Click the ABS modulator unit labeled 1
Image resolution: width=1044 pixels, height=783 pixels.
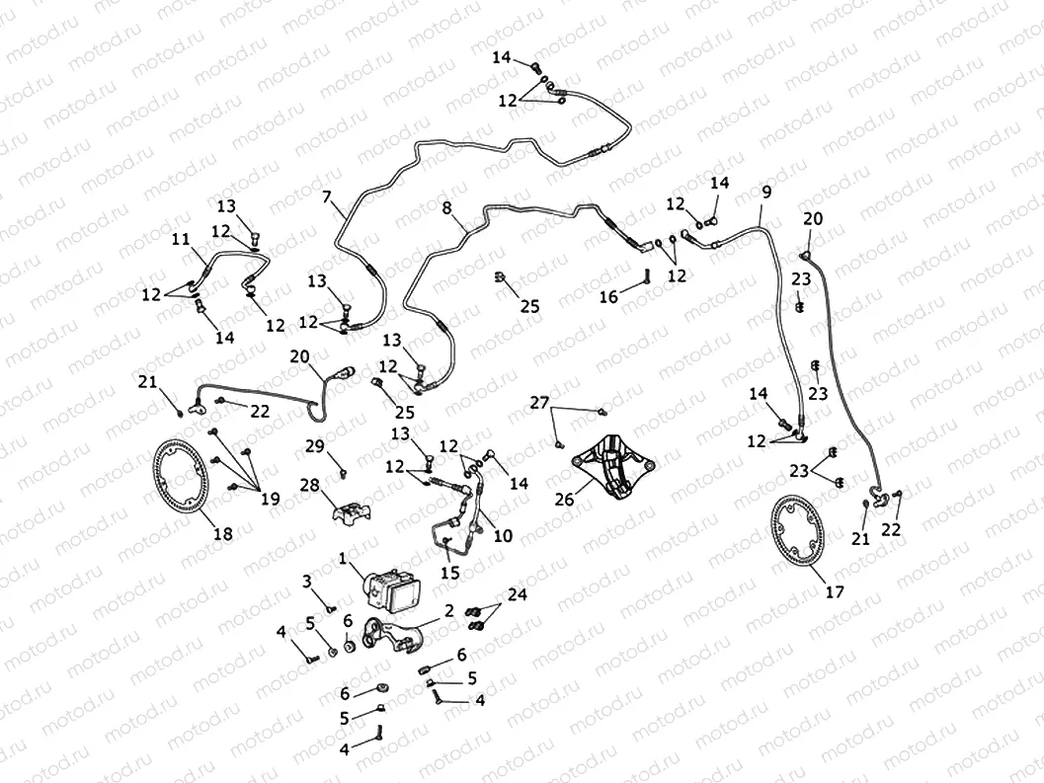tap(393, 586)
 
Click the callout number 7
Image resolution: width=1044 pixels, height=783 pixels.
tap(327, 196)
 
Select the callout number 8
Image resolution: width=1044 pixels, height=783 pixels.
tap(446, 208)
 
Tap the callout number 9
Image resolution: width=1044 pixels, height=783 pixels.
tap(766, 191)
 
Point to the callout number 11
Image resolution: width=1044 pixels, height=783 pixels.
tap(181, 240)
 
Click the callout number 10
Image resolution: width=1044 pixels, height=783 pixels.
tap(503, 536)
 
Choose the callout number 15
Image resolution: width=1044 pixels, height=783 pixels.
tap(451, 572)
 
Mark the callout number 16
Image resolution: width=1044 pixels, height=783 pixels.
tap(608, 295)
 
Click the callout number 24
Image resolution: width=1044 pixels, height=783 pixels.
tap(518, 594)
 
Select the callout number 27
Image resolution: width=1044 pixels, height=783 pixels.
tap(538, 402)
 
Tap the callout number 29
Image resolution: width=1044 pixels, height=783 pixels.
tap(314, 447)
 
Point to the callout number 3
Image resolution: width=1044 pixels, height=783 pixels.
tap(307, 580)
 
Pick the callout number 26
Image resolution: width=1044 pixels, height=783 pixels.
tap(564, 500)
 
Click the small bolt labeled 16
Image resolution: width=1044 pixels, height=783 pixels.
tap(646, 274)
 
